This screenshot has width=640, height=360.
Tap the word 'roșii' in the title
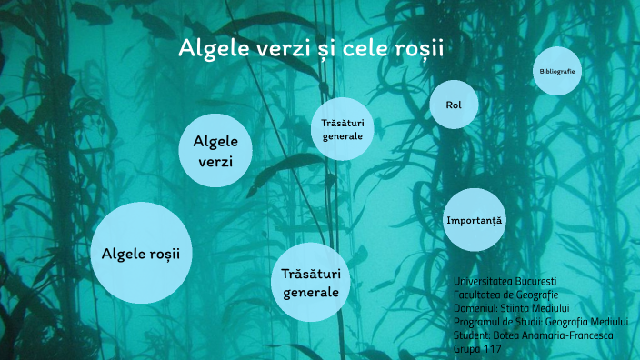pos(417,48)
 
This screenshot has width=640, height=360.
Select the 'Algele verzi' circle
pos(215,151)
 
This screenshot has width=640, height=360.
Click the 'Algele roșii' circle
pos(141,253)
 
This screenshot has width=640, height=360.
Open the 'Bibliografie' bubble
pos(556,71)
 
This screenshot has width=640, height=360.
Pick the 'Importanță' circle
pos(474,220)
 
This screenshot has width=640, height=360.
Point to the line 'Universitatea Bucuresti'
pos(505,282)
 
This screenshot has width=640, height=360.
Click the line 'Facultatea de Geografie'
pos(505,295)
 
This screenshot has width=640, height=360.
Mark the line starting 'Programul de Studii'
pos(544,322)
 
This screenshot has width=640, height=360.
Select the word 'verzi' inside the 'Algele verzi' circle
pos(215,162)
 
